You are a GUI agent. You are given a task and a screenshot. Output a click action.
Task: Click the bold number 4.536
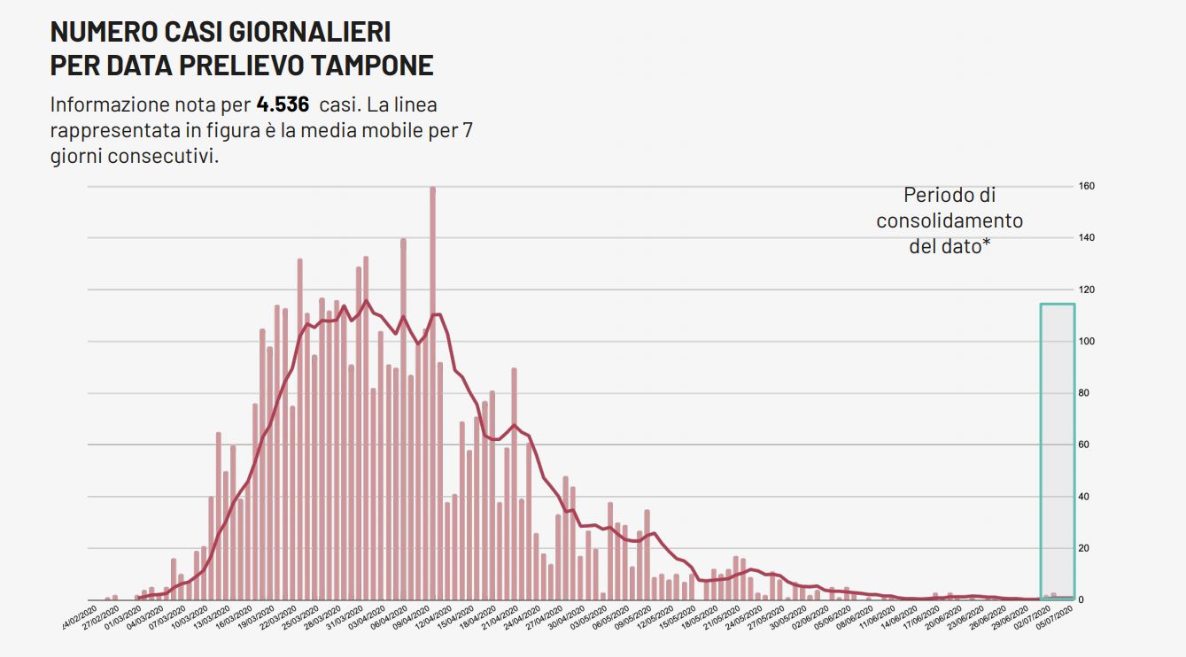(283, 104)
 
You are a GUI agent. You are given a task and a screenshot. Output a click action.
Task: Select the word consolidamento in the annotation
(950, 220)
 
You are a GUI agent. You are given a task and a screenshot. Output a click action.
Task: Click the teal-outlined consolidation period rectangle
(1058, 452)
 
